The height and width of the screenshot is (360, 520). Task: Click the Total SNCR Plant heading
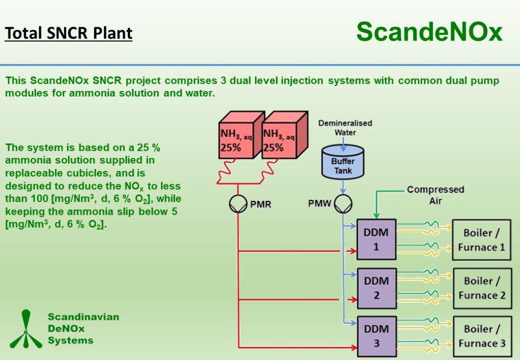[x=69, y=33]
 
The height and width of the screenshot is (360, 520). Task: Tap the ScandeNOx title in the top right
[x=429, y=31]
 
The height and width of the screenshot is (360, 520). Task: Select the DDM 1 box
[x=376, y=240]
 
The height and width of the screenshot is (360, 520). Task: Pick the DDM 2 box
[x=376, y=288]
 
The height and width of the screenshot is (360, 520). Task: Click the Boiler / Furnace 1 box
[x=481, y=240]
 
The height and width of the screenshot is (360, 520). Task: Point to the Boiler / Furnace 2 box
[x=481, y=288]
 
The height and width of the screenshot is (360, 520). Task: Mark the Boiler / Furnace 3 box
[x=481, y=336]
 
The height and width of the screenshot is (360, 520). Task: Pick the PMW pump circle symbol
[x=343, y=205]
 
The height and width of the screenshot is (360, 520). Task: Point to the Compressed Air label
[x=435, y=195]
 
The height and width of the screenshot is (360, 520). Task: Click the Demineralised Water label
[x=345, y=127]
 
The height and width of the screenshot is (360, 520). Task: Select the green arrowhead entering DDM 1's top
[x=376, y=216]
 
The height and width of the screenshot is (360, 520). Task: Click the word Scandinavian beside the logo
[x=83, y=317]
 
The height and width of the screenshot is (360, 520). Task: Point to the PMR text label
[x=261, y=205]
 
